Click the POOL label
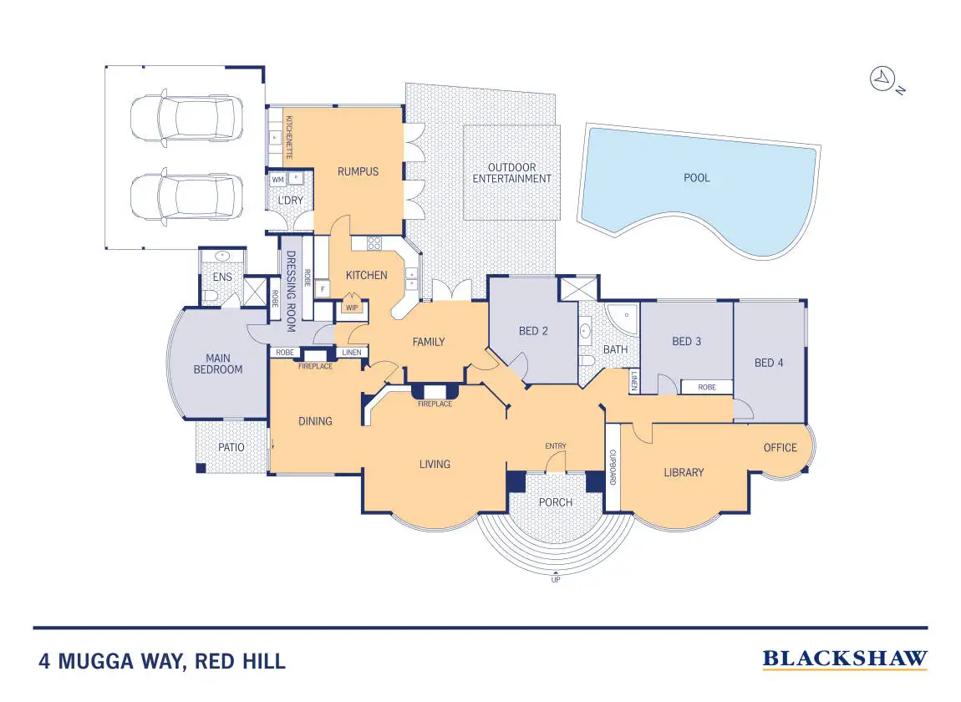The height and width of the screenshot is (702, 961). pyautogui.click(x=697, y=178)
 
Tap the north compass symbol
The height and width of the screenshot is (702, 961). pyautogui.click(x=882, y=80)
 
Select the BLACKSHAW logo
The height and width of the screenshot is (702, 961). pyautogui.click(x=845, y=659)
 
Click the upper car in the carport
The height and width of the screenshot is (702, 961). pyautogui.click(x=186, y=117)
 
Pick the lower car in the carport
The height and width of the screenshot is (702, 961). pyautogui.click(x=186, y=196)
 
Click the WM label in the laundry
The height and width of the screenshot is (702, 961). pyautogui.click(x=277, y=180)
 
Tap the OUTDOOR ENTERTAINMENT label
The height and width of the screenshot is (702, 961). pyautogui.click(x=511, y=173)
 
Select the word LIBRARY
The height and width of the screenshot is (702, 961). pyautogui.click(x=684, y=473)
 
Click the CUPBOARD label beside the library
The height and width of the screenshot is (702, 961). pyautogui.click(x=613, y=468)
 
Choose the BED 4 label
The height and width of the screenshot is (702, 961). pyautogui.click(x=770, y=363)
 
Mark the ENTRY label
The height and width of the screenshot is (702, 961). pyautogui.click(x=556, y=445)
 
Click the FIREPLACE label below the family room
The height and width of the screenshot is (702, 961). pyautogui.click(x=435, y=404)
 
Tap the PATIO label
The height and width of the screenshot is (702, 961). pyautogui.click(x=231, y=447)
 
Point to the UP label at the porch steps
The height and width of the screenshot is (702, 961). pyautogui.click(x=555, y=579)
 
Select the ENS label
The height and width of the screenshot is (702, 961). pyautogui.click(x=222, y=277)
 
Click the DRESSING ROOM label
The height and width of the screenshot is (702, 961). pyautogui.click(x=292, y=282)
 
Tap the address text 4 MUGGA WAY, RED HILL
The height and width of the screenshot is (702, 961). pyautogui.click(x=162, y=663)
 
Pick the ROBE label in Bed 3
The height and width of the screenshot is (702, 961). pyautogui.click(x=706, y=387)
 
